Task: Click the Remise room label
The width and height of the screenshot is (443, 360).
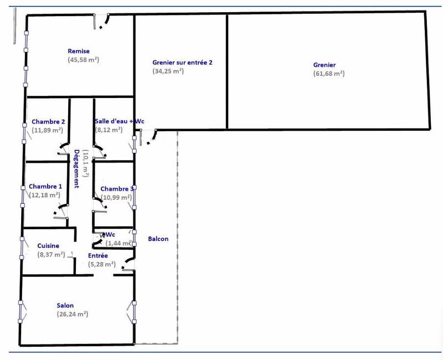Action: click(x=79, y=52)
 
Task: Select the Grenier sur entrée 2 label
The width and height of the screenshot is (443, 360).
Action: click(x=182, y=63)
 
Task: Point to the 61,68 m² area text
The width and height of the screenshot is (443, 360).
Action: click(x=329, y=73)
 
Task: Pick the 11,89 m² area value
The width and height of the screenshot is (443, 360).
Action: click(x=48, y=130)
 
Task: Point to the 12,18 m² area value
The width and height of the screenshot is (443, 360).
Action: click(x=44, y=194)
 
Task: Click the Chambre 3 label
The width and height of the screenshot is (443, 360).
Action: click(x=117, y=189)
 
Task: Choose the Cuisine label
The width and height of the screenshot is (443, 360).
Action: click(x=48, y=246)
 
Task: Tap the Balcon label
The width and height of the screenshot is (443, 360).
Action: click(x=158, y=239)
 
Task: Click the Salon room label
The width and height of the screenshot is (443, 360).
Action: click(x=65, y=305)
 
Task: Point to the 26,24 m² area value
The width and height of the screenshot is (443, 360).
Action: click(x=73, y=313)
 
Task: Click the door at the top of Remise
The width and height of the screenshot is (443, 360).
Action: click(x=102, y=22)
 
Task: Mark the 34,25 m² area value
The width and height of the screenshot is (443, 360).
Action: click(x=168, y=71)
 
